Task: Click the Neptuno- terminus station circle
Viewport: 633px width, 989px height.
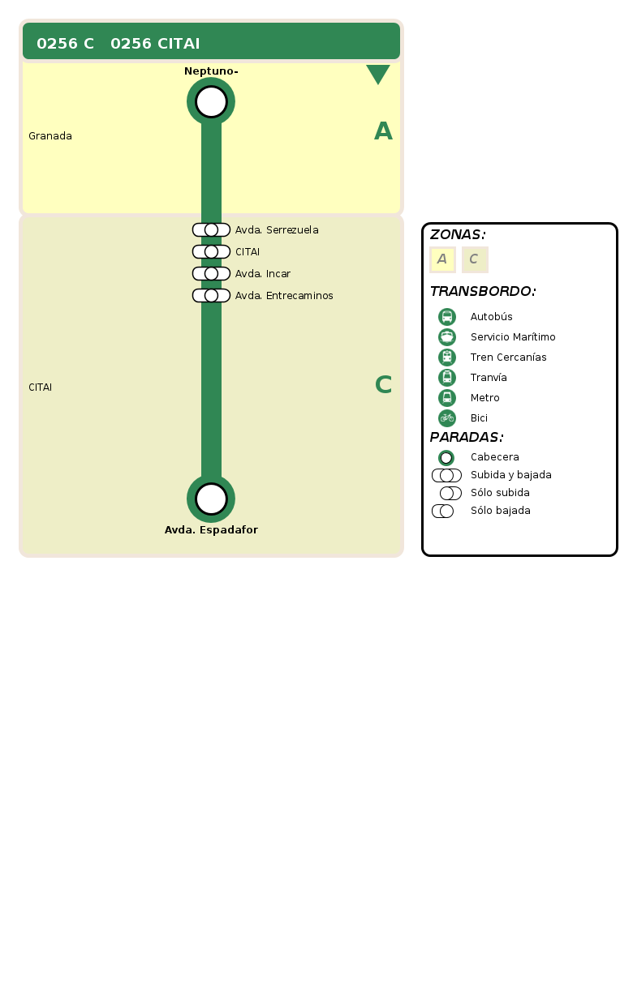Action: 211,102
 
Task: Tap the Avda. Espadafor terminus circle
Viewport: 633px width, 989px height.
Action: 211,499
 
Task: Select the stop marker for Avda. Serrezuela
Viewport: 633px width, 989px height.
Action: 211,230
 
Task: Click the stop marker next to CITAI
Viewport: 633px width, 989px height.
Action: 211,252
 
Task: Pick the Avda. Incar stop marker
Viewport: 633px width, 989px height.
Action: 211,274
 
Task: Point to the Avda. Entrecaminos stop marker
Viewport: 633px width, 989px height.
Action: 211,296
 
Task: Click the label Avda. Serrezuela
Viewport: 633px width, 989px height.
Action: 277,230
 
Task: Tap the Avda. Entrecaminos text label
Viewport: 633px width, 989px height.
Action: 284,296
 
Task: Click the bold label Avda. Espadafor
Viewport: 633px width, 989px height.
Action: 211,530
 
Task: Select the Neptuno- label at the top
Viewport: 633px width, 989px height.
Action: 211,71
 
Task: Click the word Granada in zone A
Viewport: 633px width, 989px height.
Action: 50,136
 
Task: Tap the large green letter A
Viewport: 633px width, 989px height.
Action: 383,131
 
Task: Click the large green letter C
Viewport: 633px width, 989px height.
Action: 383,385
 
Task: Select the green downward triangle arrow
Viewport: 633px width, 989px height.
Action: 378,74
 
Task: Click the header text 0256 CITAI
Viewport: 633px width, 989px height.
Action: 155,44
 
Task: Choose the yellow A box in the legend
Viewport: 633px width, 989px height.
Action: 442,259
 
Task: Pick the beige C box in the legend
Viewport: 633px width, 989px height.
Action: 475,259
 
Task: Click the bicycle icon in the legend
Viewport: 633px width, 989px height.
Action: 447,418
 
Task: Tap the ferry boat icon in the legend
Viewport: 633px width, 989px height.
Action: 447,337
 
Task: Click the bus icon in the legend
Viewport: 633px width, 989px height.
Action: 447,317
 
